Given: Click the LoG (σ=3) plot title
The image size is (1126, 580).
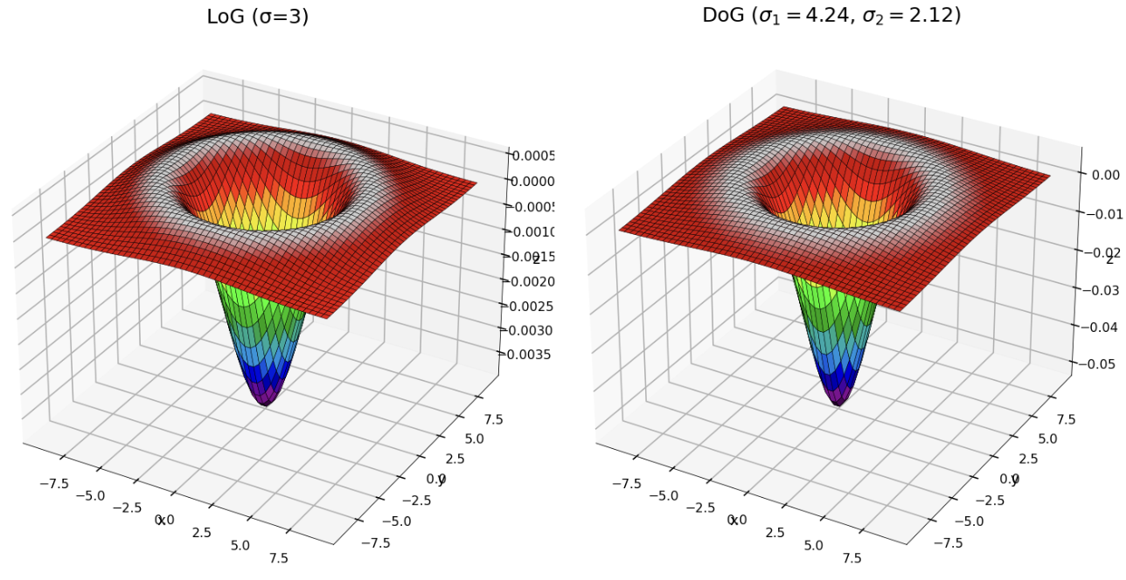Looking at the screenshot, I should (x=257, y=17).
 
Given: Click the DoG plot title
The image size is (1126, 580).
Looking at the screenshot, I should (x=831, y=16).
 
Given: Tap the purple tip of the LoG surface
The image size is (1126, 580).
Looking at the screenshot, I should (x=266, y=399).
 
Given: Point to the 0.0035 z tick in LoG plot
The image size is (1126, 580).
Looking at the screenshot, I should (x=529, y=355).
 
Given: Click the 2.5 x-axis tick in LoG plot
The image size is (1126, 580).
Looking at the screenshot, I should (x=202, y=533).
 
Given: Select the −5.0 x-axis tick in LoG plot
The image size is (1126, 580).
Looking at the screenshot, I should (x=89, y=495).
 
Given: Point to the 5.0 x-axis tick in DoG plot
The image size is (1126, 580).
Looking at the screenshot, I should (x=813, y=545).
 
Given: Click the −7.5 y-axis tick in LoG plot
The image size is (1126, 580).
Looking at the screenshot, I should (x=375, y=542).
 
